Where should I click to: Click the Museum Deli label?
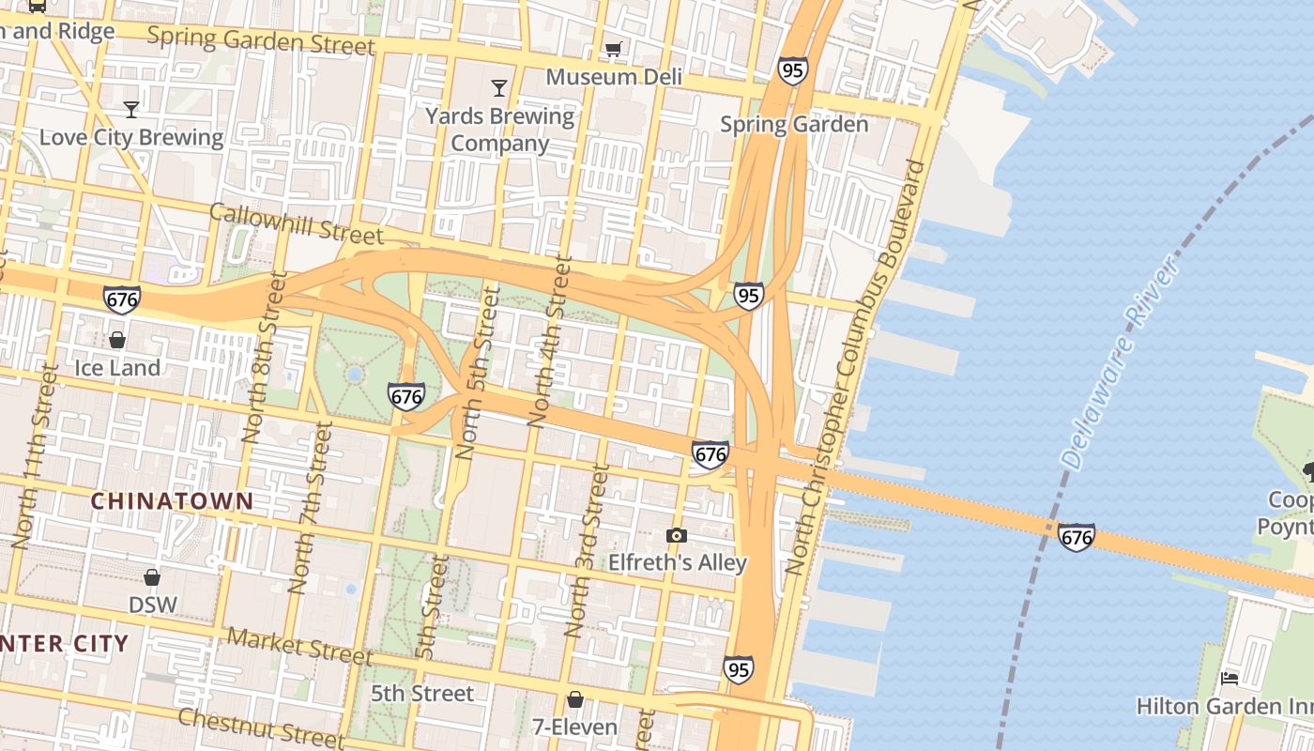point(614,77)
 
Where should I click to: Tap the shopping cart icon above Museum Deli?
point(614,49)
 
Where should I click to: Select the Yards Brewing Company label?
point(499,130)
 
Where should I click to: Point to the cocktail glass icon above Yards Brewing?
point(499,88)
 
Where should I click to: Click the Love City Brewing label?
point(131,138)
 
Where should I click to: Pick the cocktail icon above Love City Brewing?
point(131,109)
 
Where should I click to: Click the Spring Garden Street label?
point(261,40)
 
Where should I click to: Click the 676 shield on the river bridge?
point(1076,537)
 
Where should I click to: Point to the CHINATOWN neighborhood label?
point(172,501)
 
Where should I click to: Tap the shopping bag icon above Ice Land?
point(117,339)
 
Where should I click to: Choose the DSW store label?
point(152,604)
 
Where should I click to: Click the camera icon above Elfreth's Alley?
point(676,536)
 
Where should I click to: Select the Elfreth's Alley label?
point(678,563)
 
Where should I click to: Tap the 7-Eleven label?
point(574,727)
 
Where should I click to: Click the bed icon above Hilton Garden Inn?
point(1230,678)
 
